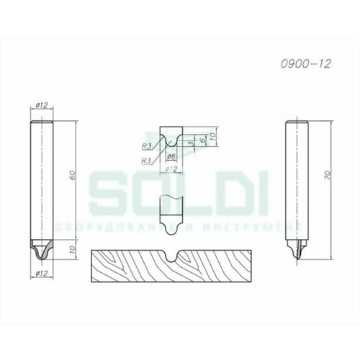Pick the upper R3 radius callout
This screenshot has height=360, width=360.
pos(147,145)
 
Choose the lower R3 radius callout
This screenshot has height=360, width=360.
pos(147,159)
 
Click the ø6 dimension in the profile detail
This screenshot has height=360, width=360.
pos(172,157)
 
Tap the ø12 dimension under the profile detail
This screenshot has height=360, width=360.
pos(171,170)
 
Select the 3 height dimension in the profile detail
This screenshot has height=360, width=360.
pos(189,144)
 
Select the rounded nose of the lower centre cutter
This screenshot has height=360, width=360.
pos(171,226)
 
